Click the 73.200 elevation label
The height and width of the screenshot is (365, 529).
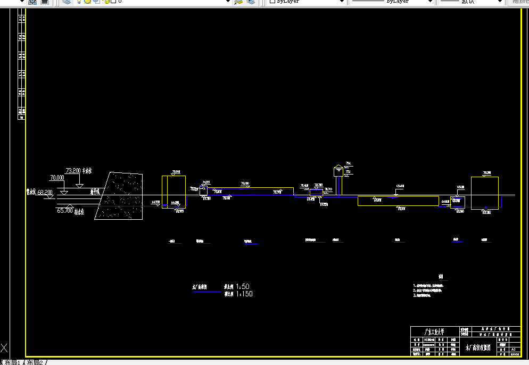click(x=73, y=171)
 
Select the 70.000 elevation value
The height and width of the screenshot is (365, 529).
click(x=56, y=178)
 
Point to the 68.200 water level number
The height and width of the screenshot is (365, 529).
click(x=45, y=192)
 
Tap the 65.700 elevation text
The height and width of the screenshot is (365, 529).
click(x=64, y=211)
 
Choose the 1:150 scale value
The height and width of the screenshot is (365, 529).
click(x=244, y=294)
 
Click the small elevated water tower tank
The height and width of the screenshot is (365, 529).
click(x=338, y=171)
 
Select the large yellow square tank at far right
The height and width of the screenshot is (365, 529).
click(x=484, y=193)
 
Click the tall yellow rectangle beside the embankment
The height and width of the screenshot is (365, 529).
click(x=173, y=191)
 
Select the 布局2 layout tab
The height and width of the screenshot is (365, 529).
click(x=35, y=362)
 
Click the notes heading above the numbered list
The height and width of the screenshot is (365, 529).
click(x=441, y=277)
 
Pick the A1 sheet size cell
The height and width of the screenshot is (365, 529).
click(x=513, y=349)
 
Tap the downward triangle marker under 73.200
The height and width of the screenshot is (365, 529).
click(x=79, y=185)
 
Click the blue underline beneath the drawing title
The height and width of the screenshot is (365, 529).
click(x=206, y=292)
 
